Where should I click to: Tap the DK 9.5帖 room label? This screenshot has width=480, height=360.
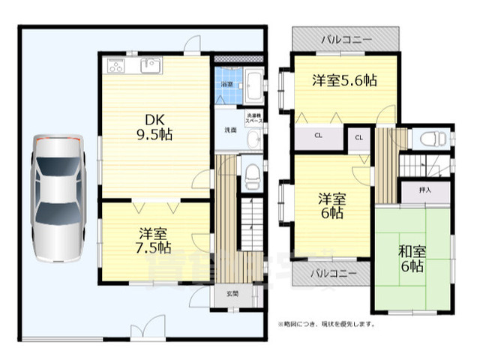154,127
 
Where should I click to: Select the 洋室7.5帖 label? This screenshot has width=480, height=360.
154,239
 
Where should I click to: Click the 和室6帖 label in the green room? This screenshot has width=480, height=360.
410,257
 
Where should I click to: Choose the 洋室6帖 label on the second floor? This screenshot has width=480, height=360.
331,205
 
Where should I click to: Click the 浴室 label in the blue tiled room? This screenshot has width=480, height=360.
226,85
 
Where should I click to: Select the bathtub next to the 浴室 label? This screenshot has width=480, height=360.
253,85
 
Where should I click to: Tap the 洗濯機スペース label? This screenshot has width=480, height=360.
253,117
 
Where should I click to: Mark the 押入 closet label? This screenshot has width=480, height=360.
425,190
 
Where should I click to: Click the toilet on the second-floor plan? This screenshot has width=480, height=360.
431,139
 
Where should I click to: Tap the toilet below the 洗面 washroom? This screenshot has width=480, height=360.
252,178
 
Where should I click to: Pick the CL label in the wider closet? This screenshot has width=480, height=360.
317,136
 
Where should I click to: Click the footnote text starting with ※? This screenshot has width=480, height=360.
327,325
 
